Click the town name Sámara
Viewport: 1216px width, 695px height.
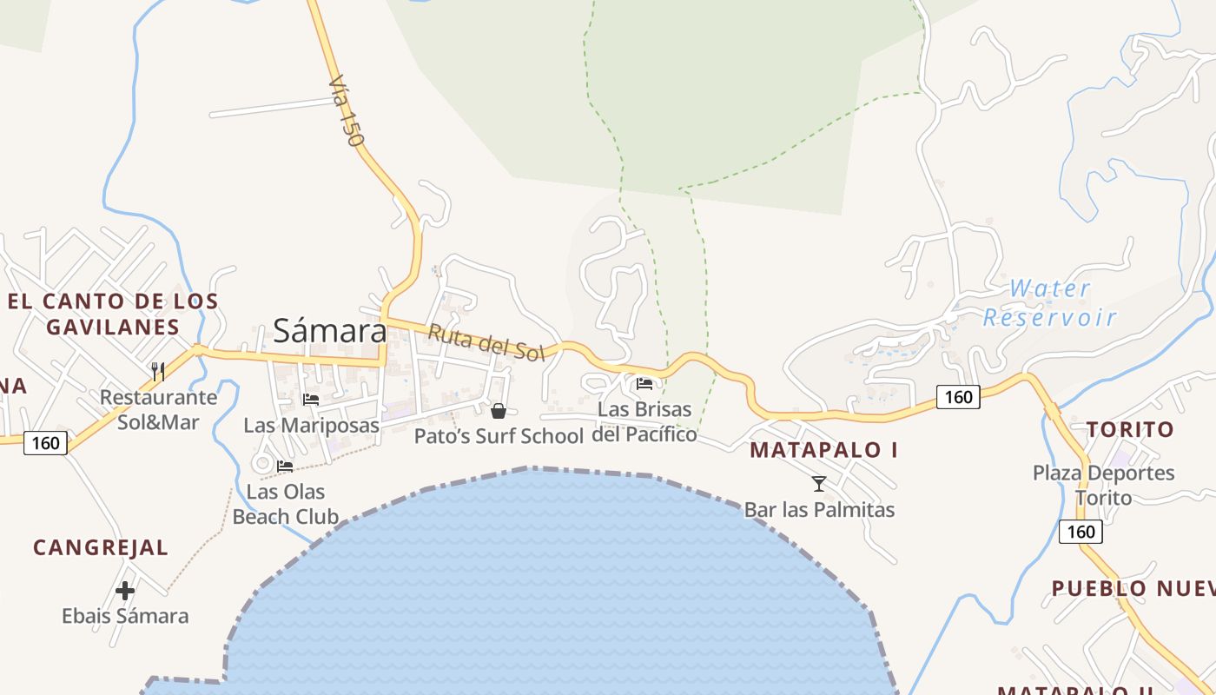click(x=330, y=331)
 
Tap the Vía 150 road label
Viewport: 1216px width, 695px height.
click(x=347, y=109)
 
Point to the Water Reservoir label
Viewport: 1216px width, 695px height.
click(x=1049, y=302)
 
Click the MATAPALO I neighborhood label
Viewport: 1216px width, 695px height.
click(x=823, y=450)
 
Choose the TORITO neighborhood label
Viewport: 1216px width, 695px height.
click(x=1130, y=429)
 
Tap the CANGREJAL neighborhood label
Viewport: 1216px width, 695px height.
click(x=101, y=548)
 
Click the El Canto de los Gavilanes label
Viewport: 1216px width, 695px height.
click(x=113, y=314)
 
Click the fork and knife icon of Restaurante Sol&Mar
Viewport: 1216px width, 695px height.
click(x=158, y=372)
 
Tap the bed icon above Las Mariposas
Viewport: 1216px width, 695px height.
click(x=311, y=400)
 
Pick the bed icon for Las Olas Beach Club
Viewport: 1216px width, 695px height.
click(x=285, y=467)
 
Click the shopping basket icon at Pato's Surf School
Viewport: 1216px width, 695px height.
click(x=499, y=410)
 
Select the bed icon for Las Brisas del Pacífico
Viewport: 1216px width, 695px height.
click(x=644, y=383)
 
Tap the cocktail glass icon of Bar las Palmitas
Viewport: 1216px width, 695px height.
click(x=818, y=484)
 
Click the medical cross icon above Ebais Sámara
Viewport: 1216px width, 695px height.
click(x=125, y=591)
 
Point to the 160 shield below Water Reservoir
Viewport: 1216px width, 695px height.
click(x=958, y=397)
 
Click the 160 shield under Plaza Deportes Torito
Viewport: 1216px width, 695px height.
click(x=1081, y=531)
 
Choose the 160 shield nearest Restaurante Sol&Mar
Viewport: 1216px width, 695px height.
click(x=45, y=443)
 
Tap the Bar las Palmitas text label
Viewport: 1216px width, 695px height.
click(x=819, y=509)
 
